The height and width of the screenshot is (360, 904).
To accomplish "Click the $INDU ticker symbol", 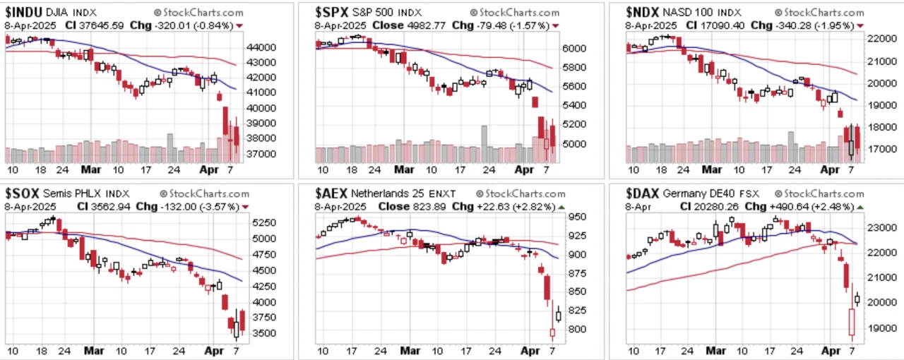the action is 23,13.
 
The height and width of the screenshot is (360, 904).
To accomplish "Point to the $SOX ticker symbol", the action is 22,193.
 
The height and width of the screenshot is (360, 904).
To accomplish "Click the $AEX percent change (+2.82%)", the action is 534,207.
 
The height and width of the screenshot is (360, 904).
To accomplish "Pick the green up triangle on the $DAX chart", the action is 860,208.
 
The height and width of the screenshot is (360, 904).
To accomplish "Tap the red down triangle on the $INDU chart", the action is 239,26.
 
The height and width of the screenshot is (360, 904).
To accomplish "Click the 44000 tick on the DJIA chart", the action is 261,47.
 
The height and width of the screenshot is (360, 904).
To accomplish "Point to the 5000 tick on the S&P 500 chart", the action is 574,144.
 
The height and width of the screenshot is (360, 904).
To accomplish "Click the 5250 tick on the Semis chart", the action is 264,223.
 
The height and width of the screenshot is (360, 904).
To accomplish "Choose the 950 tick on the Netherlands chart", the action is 577,217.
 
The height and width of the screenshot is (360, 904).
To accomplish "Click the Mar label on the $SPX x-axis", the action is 404,170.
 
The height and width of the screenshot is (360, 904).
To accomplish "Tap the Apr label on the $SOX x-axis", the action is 214,351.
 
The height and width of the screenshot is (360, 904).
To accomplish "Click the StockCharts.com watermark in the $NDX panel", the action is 819,13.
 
